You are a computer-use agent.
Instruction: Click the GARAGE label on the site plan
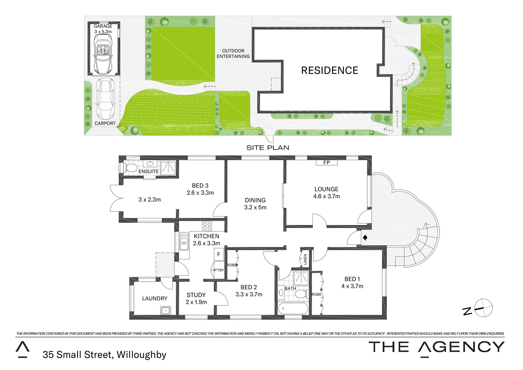click(x=103, y=26)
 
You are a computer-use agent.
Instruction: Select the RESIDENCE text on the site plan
click(x=329, y=70)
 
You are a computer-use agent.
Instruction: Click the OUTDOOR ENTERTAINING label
click(x=233, y=53)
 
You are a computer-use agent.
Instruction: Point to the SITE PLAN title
click(x=268, y=148)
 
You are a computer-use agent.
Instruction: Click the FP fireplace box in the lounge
click(x=327, y=163)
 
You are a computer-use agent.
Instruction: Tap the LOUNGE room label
click(x=326, y=189)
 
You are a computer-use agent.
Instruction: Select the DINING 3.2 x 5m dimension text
click(x=255, y=207)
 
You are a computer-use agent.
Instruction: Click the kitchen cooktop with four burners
click(x=207, y=226)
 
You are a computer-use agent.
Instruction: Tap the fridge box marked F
click(x=219, y=255)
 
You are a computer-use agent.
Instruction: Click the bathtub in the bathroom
click(x=294, y=309)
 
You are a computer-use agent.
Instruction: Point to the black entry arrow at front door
click(x=365, y=237)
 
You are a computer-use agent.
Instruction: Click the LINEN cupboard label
click(x=305, y=259)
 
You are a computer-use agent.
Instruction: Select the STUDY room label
click(x=196, y=295)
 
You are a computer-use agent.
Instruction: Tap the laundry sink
click(x=166, y=310)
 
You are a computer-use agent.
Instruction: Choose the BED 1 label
click(x=352, y=279)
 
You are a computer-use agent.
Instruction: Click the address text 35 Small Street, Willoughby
click(x=104, y=355)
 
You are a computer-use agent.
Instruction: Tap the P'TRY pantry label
click(x=219, y=270)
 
